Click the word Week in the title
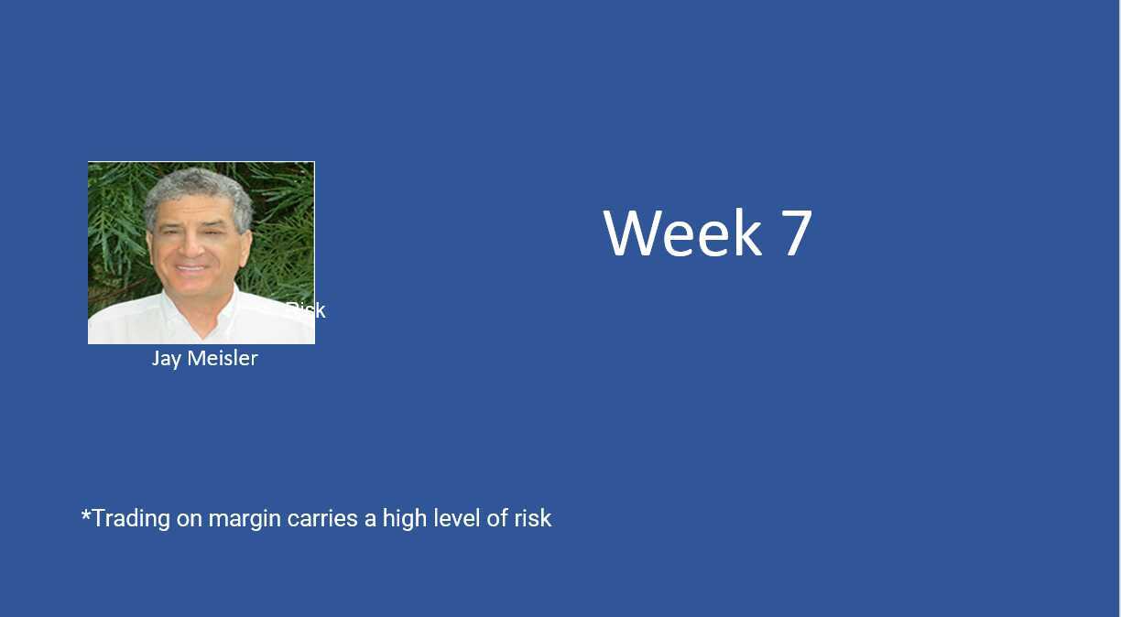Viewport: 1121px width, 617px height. (x=681, y=233)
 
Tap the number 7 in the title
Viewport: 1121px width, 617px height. (x=797, y=233)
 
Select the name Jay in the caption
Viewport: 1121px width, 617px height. (x=166, y=358)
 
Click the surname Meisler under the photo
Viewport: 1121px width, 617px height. (x=222, y=358)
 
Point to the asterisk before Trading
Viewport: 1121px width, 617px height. (x=86, y=515)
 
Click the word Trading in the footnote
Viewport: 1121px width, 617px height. (x=131, y=518)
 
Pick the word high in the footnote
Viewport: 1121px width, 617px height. (x=404, y=519)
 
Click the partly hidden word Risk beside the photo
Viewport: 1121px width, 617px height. (x=306, y=310)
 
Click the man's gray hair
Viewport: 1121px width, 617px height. (x=197, y=183)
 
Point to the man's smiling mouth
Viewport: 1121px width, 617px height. (x=191, y=267)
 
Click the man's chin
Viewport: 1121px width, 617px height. (x=192, y=286)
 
